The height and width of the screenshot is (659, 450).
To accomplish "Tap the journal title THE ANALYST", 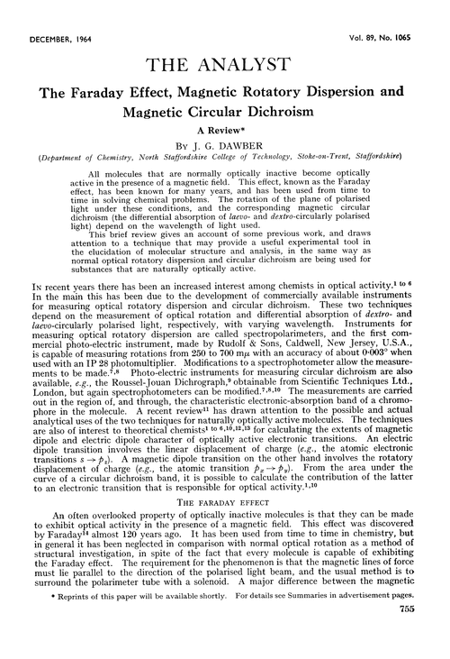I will (224, 42).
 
